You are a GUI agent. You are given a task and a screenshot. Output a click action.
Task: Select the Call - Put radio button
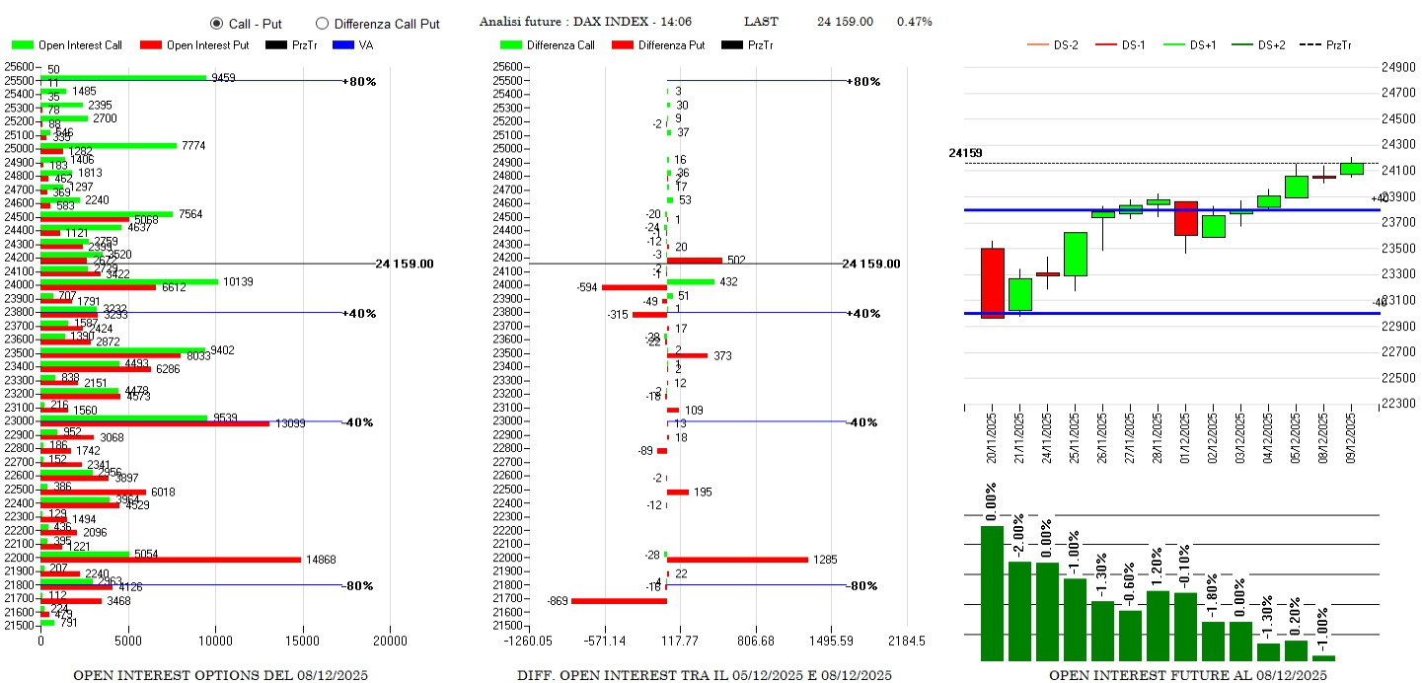(216, 23)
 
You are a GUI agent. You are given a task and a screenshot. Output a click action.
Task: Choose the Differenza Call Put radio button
(322, 24)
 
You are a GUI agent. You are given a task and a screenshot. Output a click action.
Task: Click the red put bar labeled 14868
(170, 560)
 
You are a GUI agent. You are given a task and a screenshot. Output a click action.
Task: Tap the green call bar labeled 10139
(128, 281)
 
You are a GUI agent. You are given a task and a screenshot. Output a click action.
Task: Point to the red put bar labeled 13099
(154, 423)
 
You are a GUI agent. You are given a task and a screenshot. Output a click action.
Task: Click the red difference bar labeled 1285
(736, 560)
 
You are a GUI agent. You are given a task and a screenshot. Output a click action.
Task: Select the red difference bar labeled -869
(619, 600)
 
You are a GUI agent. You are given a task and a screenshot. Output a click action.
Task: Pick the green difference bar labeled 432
(691, 281)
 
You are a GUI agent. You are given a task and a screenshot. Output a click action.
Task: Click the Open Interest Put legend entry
(193, 44)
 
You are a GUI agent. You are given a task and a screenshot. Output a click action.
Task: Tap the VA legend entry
(354, 44)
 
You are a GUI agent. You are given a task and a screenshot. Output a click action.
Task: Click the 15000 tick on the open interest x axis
(302, 640)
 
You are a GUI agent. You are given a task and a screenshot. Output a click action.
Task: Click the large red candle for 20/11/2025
(992, 282)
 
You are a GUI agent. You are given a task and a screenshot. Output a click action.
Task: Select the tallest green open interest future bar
(992, 592)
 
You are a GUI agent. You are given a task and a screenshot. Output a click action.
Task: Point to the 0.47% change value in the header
(914, 22)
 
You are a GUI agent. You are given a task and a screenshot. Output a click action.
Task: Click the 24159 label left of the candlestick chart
(965, 153)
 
